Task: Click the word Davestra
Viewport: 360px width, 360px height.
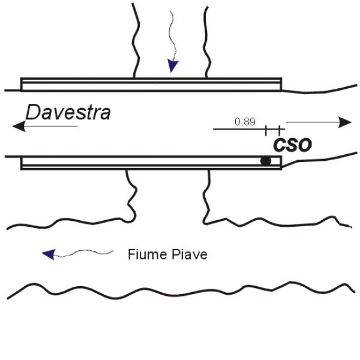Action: (x=68, y=112)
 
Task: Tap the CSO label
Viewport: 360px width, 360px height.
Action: (x=293, y=145)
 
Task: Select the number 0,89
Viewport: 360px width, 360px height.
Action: (x=245, y=122)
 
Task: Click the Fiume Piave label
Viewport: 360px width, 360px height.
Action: (x=167, y=254)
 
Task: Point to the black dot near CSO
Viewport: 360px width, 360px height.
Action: (x=265, y=161)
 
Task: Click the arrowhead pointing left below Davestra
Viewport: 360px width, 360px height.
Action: (x=19, y=126)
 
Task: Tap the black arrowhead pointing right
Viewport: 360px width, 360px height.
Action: (x=345, y=122)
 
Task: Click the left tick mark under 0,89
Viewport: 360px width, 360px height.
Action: (x=266, y=128)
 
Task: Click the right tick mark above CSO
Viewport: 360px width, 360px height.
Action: (x=279, y=128)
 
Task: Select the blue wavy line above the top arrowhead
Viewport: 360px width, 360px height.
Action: (x=173, y=33)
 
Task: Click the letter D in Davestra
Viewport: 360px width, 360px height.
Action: (x=33, y=112)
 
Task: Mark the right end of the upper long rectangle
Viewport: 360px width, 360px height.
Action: (x=281, y=85)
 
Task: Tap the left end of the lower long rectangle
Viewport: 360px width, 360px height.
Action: (x=22, y=163)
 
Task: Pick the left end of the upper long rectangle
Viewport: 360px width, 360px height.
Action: (x=22, y=85)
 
